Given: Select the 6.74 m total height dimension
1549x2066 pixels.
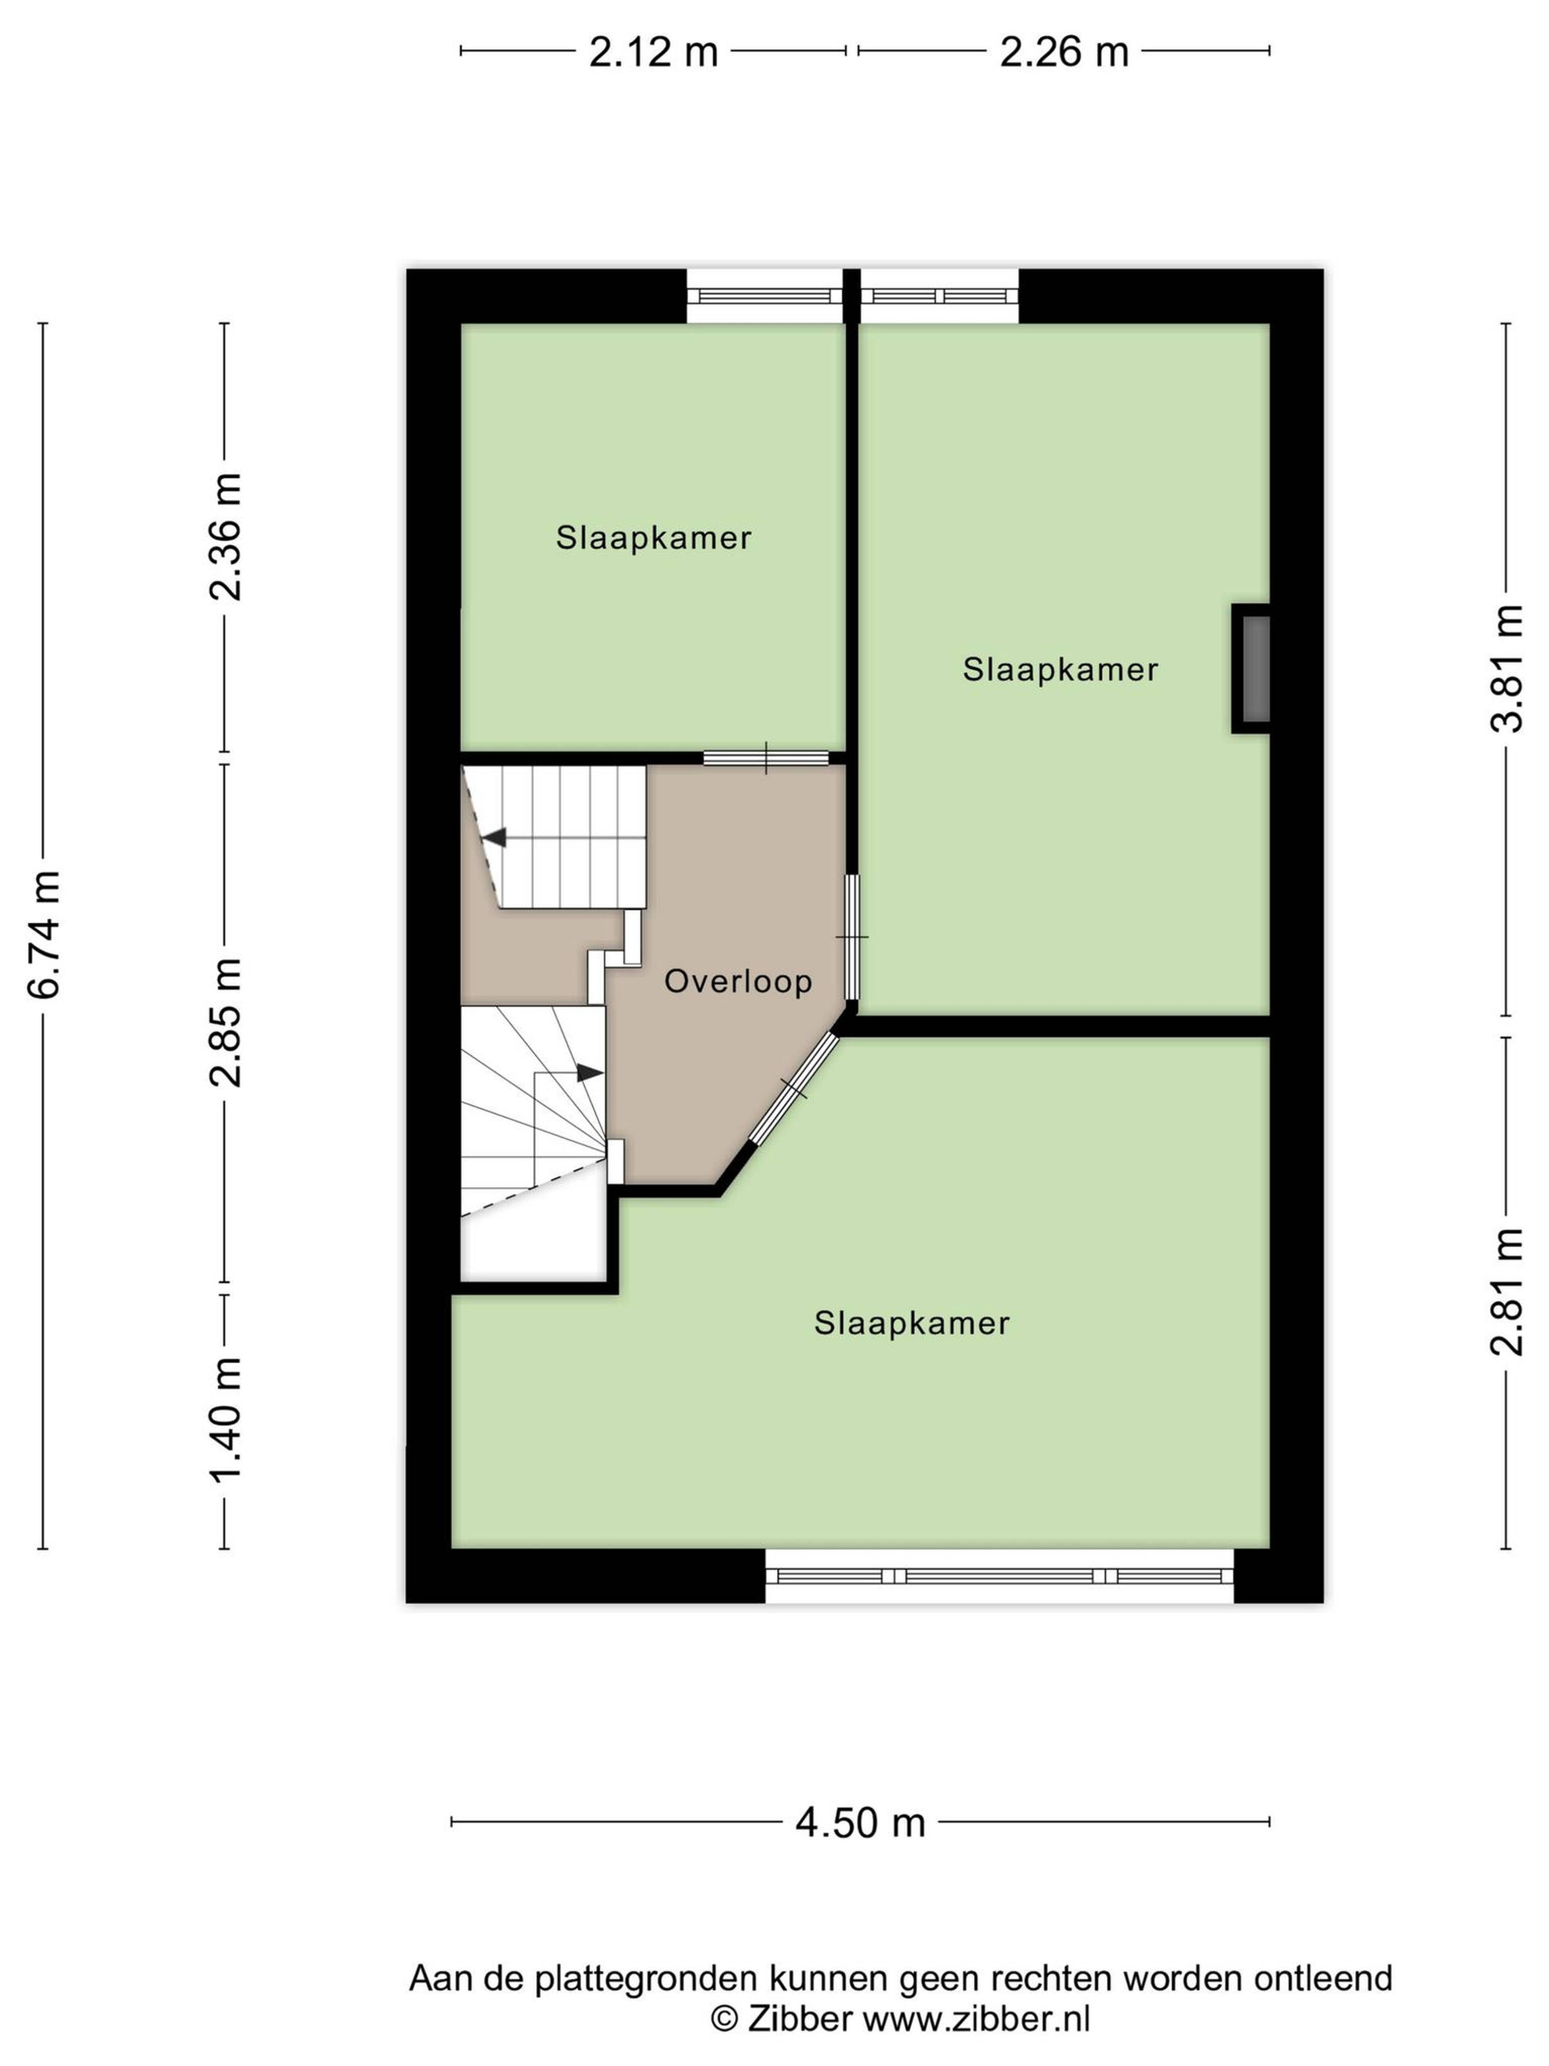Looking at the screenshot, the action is tap(44, 934).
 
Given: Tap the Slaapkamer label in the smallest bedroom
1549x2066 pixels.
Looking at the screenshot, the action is tap(653, 538).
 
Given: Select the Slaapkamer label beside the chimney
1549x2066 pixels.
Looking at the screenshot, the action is tap(1061, 670).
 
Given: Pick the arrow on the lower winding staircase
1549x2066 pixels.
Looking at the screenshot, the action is tap(589, 1073).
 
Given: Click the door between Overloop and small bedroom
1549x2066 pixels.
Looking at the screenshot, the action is tap(766, 757).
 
